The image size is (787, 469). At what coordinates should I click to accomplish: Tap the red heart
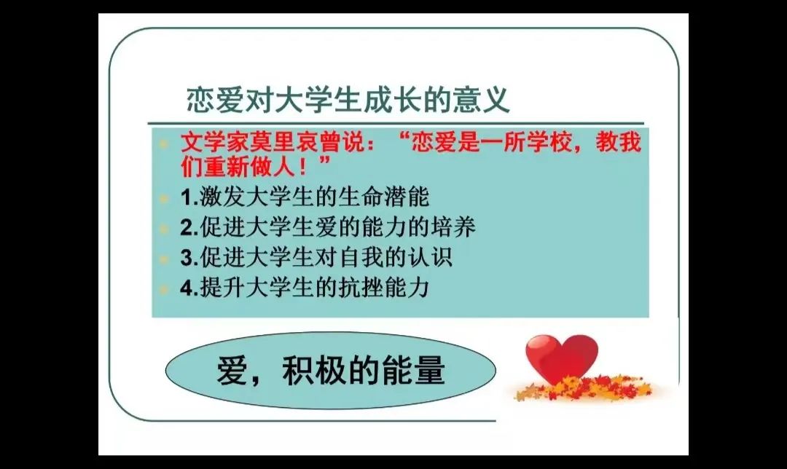tap(560, 356)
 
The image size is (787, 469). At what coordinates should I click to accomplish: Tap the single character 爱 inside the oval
tap(232, 371)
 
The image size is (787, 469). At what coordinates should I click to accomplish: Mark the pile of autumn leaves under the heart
tap(579, 389)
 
